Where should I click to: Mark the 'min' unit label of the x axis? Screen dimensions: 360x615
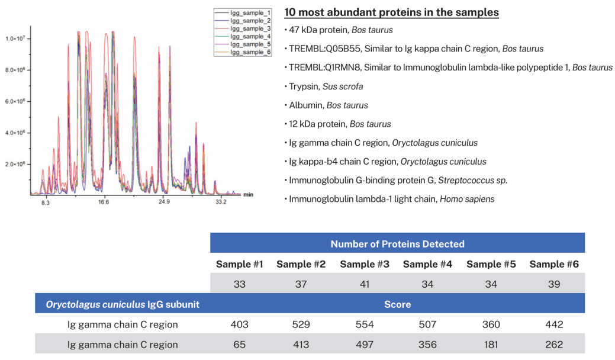click(x=249, y=194)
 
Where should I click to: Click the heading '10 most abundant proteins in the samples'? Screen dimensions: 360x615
click(x=391, y=12)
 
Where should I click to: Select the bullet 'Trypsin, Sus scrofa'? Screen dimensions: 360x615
click(x=326, y=86)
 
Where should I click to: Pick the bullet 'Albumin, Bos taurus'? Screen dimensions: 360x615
click(x=328, y=105)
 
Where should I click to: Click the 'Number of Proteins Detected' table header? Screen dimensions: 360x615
click(x=397, y=244)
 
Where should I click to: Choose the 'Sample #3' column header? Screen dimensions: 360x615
click(x=364, y=264)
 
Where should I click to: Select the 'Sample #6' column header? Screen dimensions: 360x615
click(x=554, y=264)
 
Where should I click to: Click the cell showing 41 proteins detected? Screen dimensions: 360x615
click(x=364, y=284)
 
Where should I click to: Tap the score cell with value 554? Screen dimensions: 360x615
click(x=364, y=324)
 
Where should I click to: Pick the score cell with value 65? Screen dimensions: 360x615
click(x=240, y=345)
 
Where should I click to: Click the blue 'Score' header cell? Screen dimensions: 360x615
click(x=397, y=304)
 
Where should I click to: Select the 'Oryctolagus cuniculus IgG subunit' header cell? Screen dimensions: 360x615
click(x=123, y=304)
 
